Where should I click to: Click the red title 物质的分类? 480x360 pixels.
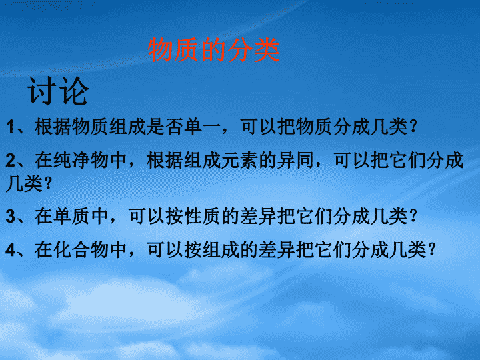tap(214, 49)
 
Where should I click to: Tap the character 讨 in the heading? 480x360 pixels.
tap(42, 91)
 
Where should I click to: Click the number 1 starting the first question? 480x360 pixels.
tap(10, 127)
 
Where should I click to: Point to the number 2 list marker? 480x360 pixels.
tap(11, 161)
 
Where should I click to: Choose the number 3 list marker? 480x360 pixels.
tap(11, 216)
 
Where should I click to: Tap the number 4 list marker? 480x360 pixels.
tap(11, 250)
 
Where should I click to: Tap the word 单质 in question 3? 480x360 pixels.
tap(71, 216)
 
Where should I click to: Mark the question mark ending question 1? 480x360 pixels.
tap(413, 127)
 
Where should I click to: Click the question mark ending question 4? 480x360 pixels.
tap(432, 249)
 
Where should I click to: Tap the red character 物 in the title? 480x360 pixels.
tap(161, 49)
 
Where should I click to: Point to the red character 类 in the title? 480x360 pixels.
tap(267, 49)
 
